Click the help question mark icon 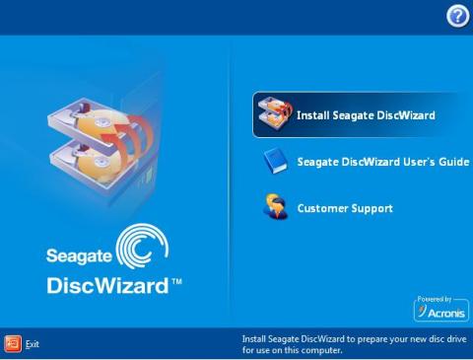pos(456,15)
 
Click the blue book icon pos(273,162)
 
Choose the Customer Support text pos(345,209)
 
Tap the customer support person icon pos(274,208)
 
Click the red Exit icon pos(13,343)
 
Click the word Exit pos(33,344)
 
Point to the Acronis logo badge pos(440,311)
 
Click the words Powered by pos(435,298)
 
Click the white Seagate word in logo pos(79,255)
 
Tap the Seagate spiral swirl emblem pos(145,250)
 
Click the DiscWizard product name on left pos(108,288)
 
